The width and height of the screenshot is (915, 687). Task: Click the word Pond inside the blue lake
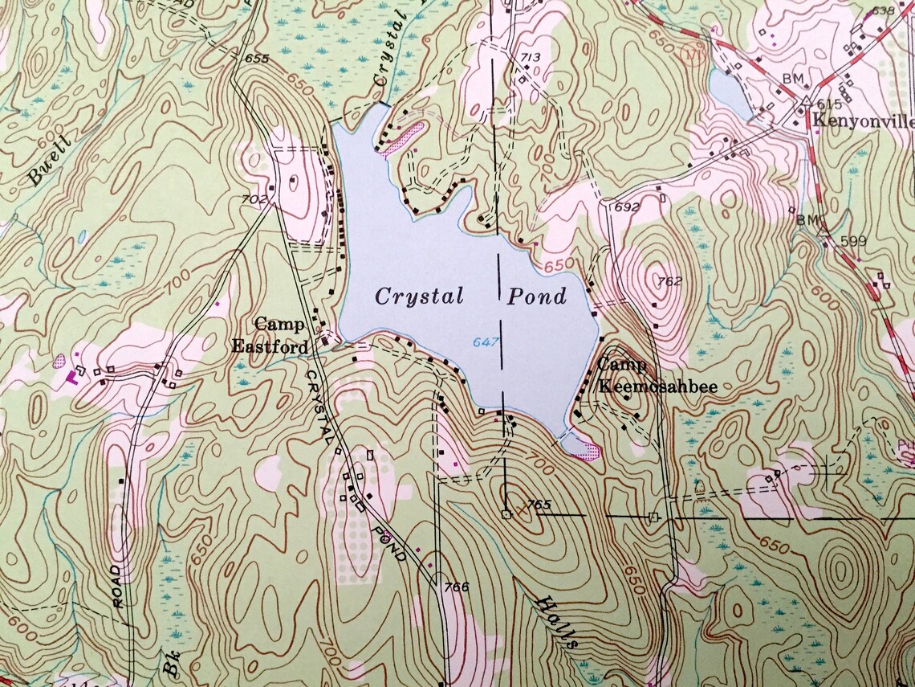pos(537,296)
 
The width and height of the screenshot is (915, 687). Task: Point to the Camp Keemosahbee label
pos(656,376)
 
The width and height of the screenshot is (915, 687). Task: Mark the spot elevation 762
pos(669,281)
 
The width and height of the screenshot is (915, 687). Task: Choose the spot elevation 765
pos(540,504)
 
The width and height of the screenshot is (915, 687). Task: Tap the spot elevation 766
pos(454,587)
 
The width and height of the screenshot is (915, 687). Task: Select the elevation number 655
pos(258,59)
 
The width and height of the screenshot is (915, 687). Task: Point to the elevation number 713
pos(531,56)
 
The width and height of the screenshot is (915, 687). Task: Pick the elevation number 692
pos(627,207)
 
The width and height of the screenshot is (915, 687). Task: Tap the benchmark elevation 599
pos(852,240)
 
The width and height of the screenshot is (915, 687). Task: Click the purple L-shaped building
pos(77,376)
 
